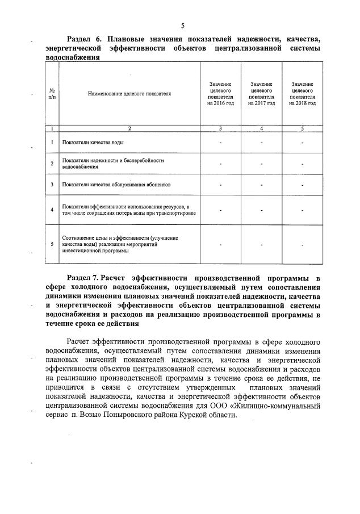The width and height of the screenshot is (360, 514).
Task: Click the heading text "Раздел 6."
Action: click(84, 39)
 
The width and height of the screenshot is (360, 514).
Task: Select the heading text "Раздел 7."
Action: click(83, 278)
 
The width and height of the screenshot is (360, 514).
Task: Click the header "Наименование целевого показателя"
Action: click(129, 94)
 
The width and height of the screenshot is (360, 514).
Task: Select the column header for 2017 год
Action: click(261, 94)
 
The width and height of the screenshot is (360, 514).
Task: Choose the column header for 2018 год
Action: click(302, 94)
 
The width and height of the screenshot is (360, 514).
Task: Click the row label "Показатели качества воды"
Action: click(93, 142)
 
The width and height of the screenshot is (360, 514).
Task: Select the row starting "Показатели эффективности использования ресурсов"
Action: click(129, 210)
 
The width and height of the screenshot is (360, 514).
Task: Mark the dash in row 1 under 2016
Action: click(220, 142)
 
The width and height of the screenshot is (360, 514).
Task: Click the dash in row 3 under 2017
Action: click(261, 185)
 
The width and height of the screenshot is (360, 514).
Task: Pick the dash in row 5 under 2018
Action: click(303, 245)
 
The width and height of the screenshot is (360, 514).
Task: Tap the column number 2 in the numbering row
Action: click(129, 128)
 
